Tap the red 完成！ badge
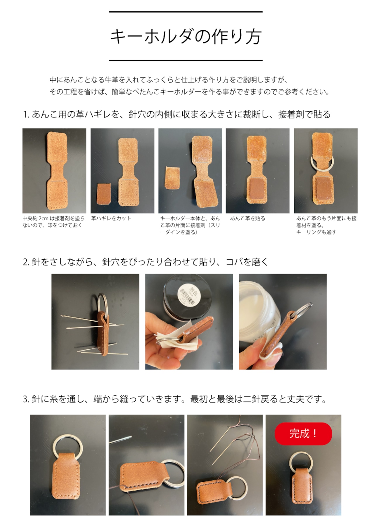303,433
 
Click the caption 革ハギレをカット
111,218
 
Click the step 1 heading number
26,115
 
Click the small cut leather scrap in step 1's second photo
103,194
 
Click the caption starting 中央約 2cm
53,222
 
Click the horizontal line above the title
186,12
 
